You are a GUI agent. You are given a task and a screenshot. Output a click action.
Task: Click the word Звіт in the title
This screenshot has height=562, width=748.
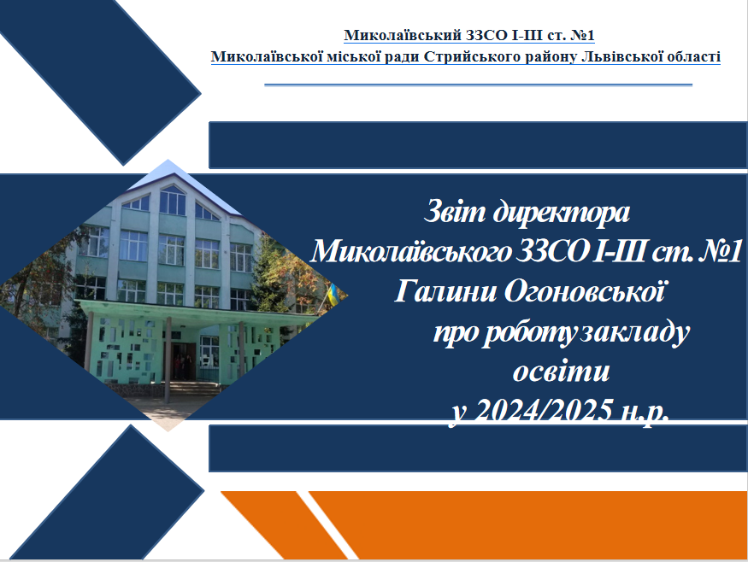[x=454, y=212]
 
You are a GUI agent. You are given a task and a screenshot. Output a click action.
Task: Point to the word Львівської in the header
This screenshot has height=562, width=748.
[x=621, y=56]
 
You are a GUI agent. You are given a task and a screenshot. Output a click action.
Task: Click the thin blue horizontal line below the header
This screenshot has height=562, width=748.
[x=479, y=85]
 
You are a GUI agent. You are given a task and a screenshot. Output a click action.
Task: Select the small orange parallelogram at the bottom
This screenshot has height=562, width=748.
[x=285, y=524]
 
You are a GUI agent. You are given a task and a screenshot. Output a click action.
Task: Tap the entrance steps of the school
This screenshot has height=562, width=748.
[x=191, y=388]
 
